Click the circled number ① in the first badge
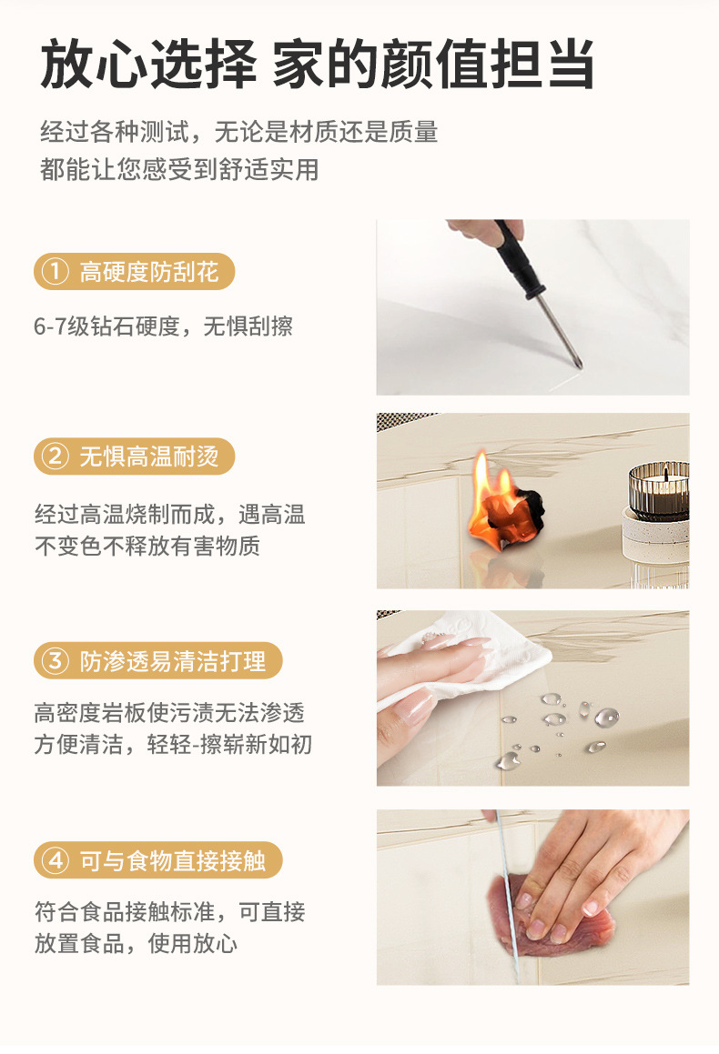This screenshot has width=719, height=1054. coord(56,271)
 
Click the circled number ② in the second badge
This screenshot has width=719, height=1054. coord(56,457)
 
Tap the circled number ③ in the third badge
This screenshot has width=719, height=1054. coord(56,661)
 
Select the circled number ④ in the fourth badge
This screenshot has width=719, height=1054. coord(56,859)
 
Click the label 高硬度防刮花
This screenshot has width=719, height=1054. coord(149,271)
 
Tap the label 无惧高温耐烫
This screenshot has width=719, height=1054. coord(149,457)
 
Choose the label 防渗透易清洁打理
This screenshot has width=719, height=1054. coord(173,661)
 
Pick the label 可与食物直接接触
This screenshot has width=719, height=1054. coord(173,859)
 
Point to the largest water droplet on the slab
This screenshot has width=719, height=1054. coord(606,718)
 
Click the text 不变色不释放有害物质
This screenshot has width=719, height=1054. coord(147,547)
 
